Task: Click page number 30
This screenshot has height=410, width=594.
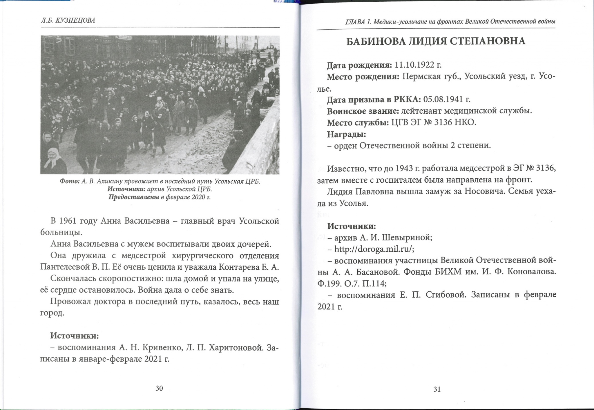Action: [159, 388]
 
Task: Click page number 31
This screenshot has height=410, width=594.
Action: [437, 389]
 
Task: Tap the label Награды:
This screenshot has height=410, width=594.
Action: [346, 134]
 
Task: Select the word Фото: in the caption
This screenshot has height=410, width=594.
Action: [69, 182]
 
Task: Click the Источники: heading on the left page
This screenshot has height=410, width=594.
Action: [75, 336]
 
